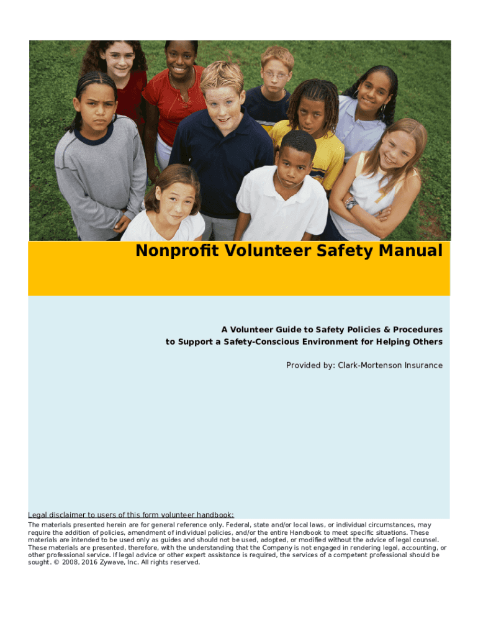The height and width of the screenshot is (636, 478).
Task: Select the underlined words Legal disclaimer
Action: [x=56, y=514]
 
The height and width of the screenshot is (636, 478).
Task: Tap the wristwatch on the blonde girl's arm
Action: [x=351, y=203]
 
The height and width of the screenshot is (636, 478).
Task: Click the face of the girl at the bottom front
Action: [x=173, y=198]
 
